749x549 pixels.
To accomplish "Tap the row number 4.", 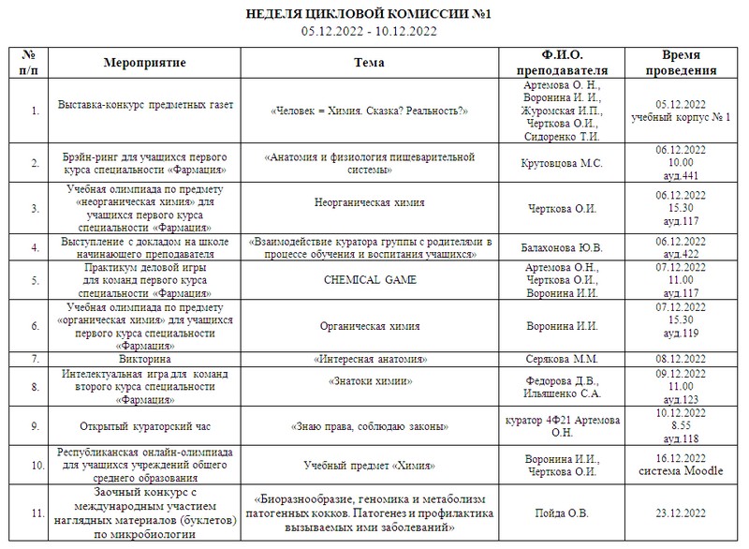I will [37, 247].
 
